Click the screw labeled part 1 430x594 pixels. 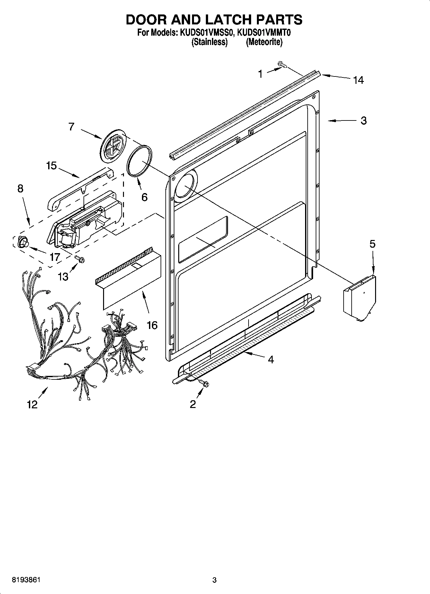pos(282,65)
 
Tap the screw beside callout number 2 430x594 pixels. pos(204,382)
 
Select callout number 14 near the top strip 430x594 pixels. pos(358,80)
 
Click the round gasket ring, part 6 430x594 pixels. pos(140,161)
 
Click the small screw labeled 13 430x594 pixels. pos(79,258)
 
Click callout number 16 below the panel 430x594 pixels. pos(152,325)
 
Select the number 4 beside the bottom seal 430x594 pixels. pos(271,359)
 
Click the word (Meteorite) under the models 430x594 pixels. pos(264,42)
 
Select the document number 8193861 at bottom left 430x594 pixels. pos(26,580)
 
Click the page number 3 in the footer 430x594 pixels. pos(214,580)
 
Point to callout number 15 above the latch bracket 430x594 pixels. pos(51,166)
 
